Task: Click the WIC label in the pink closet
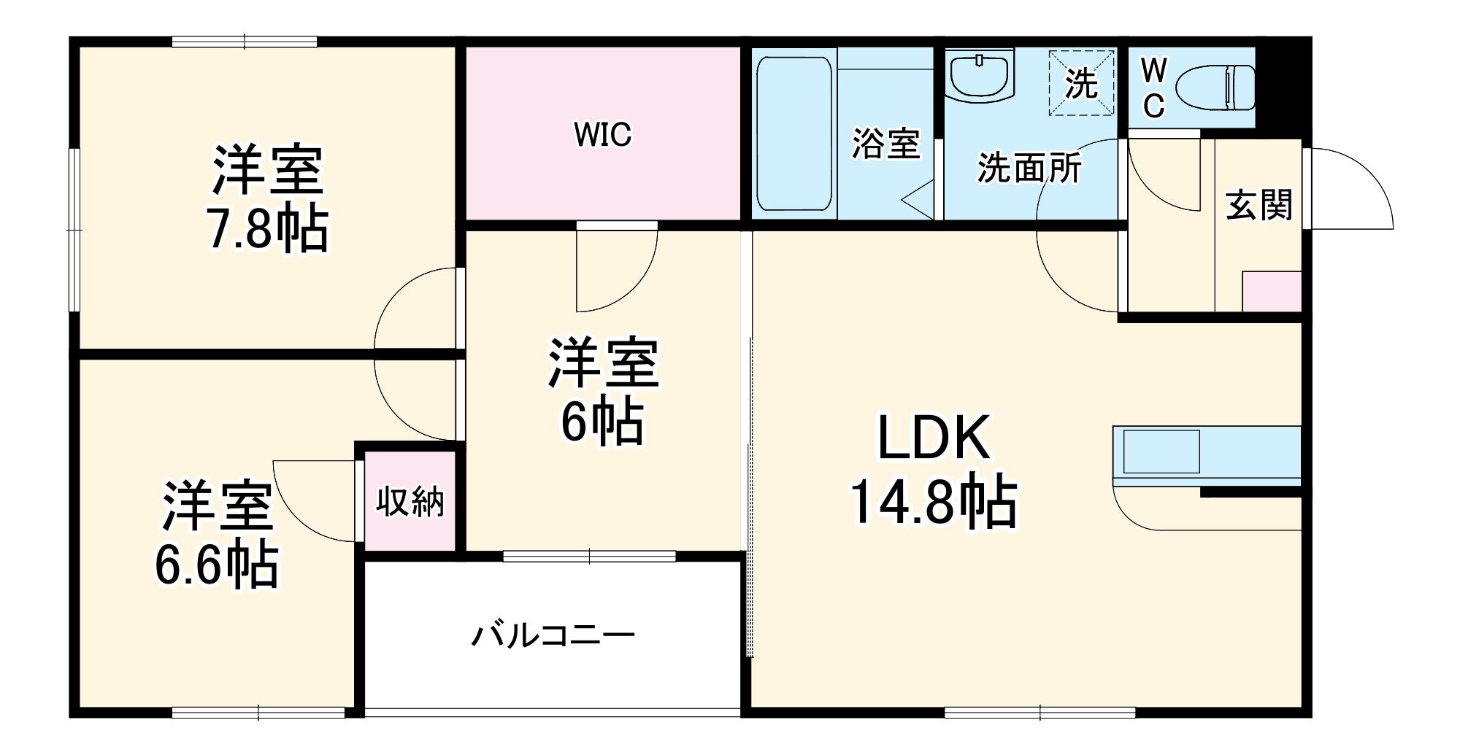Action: click(x=602, y=134)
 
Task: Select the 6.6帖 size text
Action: click(x=217, y=565)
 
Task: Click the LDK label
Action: click(x=934, y=438)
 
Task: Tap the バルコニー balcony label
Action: click(x=553, y=636)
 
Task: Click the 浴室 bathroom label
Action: click(x=885, y=143)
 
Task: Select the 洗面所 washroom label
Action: click(x=1029, y=169)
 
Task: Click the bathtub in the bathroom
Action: click(x=794, y=133)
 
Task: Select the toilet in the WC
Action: click(x=1215, y=88)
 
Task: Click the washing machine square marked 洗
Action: click(x=1082, y=83)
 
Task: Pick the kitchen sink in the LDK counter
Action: click(x=1161, y=452)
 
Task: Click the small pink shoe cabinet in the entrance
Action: click(x=1272, y=292)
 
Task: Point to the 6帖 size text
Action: click(x=602, y=422)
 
